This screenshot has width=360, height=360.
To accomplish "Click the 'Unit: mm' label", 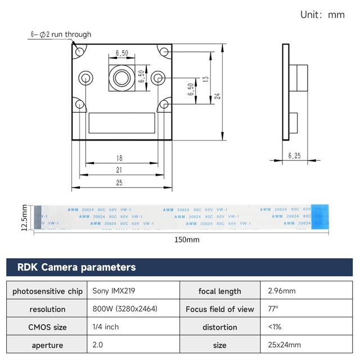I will click(322, 15).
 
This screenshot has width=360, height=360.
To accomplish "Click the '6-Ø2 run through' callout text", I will click(61, 34).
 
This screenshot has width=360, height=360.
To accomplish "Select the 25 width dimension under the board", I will click(119, 183).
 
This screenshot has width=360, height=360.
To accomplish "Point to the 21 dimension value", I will click(119, 170).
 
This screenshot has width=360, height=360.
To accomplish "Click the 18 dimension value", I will click(119, 159).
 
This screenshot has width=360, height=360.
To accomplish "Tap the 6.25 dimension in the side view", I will click(294, 156).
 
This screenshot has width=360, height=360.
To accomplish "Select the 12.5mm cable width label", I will click(24, 217).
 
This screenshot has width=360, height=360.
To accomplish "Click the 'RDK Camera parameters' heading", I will click(76, 267).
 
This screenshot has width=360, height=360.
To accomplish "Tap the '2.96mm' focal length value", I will click(282, 291).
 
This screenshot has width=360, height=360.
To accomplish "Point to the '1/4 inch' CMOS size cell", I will click(106, 327).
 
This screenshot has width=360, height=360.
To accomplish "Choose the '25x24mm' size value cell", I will click(285, 345).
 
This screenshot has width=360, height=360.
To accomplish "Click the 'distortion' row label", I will click(220, 327).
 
